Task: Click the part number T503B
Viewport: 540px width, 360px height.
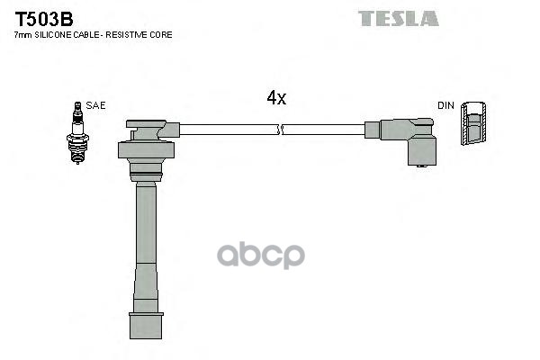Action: [44, 19]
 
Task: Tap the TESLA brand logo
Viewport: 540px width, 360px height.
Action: [399, 19]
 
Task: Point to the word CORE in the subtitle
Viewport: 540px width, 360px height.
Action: [164, 35]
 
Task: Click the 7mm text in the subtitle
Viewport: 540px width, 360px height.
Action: [23, 35]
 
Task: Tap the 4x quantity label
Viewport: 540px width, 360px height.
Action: [276, 97]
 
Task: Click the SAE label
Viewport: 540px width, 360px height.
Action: [95, 105]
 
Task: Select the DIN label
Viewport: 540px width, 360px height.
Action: [445, 105]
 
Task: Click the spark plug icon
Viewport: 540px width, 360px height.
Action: [77, 132]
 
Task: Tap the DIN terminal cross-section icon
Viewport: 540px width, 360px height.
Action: [473, 123]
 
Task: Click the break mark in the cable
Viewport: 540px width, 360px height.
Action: [280, 130]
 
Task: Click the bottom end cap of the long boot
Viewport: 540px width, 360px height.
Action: [146, 326]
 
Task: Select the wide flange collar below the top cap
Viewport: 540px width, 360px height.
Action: [146, 149]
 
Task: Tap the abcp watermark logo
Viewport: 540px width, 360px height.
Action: [261, 255]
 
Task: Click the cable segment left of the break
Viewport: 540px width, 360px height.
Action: [229, 130]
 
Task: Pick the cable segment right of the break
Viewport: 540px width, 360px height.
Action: [324, 130]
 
